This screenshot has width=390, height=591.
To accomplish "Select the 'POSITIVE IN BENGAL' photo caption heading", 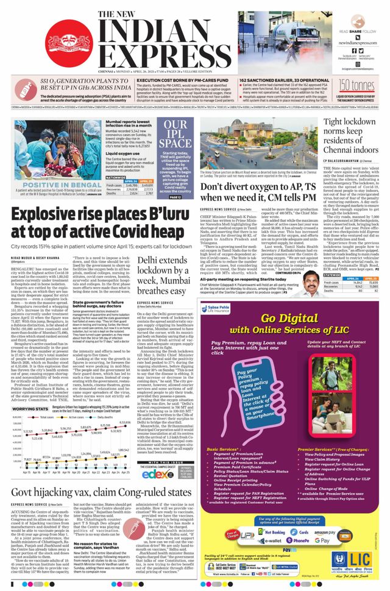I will point(44,183).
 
